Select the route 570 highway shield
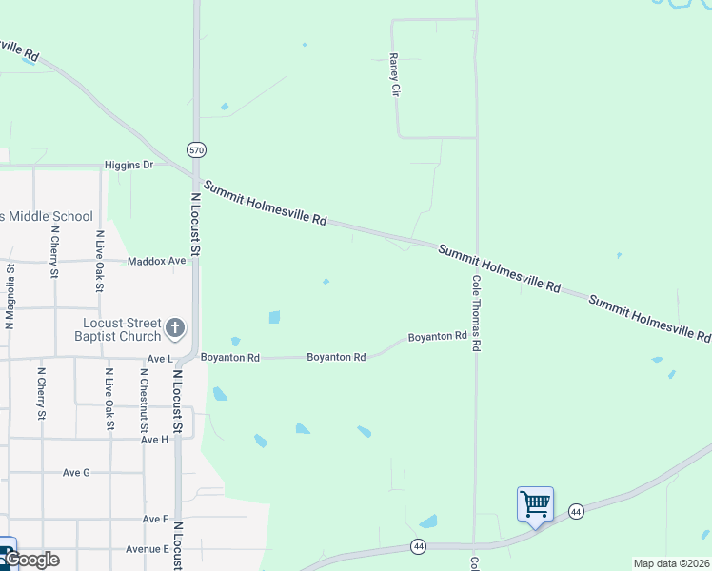click(195, 150)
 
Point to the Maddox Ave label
click(157, 260)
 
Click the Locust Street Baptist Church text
click(118, 329)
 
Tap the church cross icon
click(175, 329)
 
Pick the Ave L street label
click(159, 359)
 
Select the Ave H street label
click(154, 440)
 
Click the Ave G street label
click(76, 472)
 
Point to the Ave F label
click(155, 519)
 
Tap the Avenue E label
click(147, 549)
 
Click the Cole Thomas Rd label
click(475, 313)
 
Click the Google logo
click(30, 560)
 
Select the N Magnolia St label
click(10, 296)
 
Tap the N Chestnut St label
click(144, 399)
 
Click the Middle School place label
click(48, 216)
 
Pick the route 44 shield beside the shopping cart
click(576, 512)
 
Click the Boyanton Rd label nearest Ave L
click(230, 358)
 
